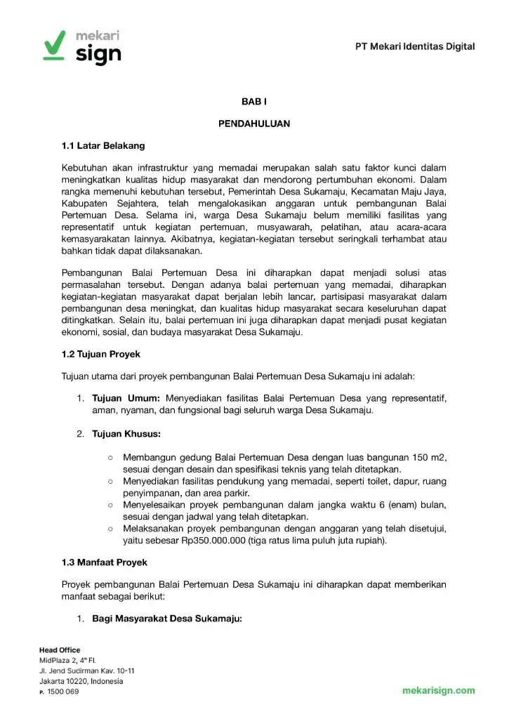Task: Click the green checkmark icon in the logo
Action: click(54, 46)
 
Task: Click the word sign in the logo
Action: click(98, 54)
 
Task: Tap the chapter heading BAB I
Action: click(254, 102)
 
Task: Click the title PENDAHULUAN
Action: click(254, 124)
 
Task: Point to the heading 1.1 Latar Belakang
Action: click(103, 145)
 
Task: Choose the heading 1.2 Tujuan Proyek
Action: click(101, 354)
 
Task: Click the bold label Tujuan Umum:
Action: click(126, 398)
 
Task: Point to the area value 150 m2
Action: click(428, 457)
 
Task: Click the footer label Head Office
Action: click(60, 650)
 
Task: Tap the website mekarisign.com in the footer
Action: click(438, 690)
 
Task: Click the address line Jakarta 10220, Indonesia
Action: click(81, 681)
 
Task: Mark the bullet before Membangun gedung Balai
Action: click(111, 458)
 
